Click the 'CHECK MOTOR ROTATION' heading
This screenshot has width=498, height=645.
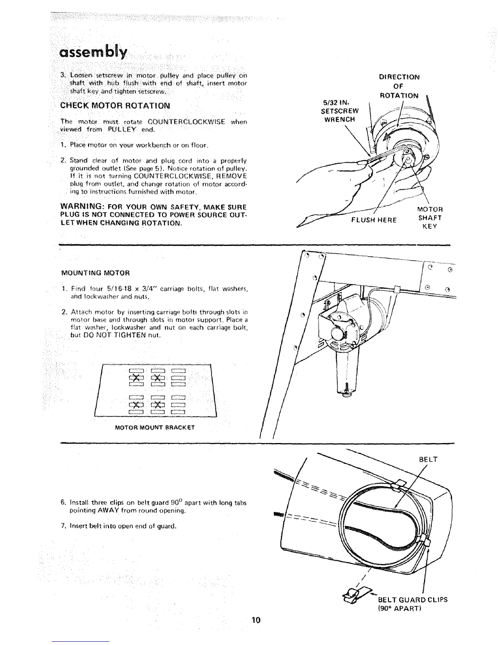(115, 106)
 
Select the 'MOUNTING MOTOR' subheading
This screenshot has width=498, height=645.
(96, 272)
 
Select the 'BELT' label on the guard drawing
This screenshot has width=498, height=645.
(428, 460)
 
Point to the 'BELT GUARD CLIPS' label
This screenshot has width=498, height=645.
(413, 599)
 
